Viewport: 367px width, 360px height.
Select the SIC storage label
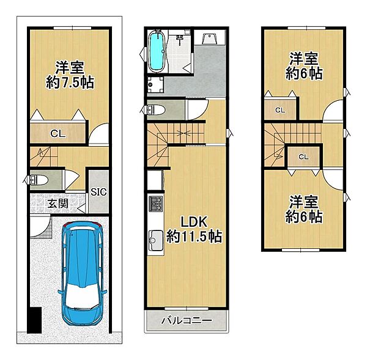coord(98,192)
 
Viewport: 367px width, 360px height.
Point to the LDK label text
coord(194,221)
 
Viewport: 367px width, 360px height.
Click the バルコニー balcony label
coord(187,320)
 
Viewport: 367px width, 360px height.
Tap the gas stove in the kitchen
coord(156,204)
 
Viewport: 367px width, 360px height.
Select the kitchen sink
coord(156,240)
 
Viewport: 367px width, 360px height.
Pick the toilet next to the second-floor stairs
coord(155,109)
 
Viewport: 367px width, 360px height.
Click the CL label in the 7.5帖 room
coord(58,134)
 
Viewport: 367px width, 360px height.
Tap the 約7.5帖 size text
coord(70,83)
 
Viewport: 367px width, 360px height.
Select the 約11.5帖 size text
coord(195,237)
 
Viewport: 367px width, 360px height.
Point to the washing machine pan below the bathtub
coord(155,85)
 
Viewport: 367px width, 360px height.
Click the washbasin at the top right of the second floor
coord(210,38)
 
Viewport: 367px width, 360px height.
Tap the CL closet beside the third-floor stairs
coord(303,156)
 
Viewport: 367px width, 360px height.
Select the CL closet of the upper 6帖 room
coord(280,110)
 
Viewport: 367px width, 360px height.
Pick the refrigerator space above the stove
coord(155,180)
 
